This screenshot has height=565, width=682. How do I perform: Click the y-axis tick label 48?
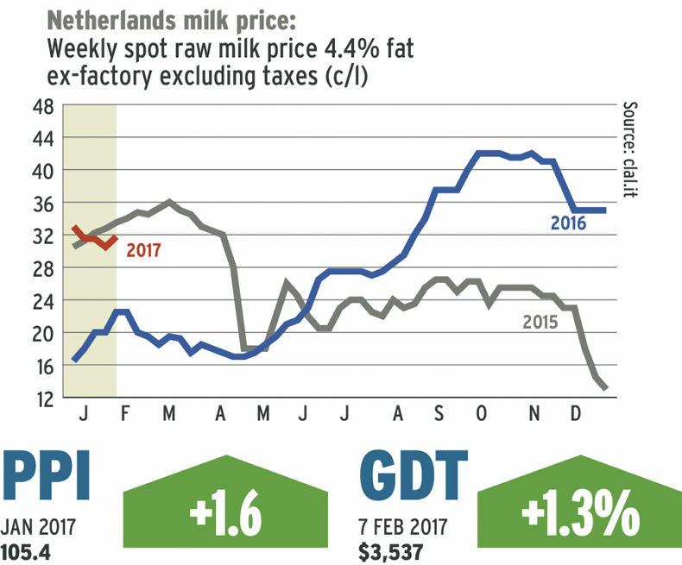(x=42, y=107)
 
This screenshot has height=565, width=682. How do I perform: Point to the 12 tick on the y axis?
(x=42, y=399)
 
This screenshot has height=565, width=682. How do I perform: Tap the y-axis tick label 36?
(x=42, y=204)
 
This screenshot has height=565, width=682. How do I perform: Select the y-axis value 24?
(x=42, y=302)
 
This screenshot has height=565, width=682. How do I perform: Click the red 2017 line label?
(x=143, y=252)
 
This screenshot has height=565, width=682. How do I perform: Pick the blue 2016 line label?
(x=568, y=224)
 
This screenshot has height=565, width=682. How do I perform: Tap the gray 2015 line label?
(x=541, y=323)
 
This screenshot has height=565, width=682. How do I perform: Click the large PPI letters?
(x=48, y=477)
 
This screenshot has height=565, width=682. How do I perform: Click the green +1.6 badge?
(x=225, y=516)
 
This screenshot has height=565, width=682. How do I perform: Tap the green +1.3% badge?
(x=579, y=516)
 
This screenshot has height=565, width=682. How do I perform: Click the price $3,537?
(x=384, y=549)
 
